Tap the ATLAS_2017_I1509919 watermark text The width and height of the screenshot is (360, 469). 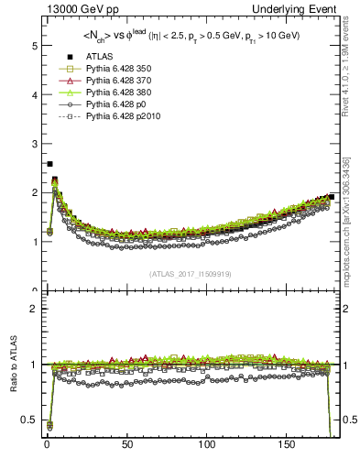click(191, 274)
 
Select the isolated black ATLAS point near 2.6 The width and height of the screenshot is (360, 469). click(49, 164)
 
